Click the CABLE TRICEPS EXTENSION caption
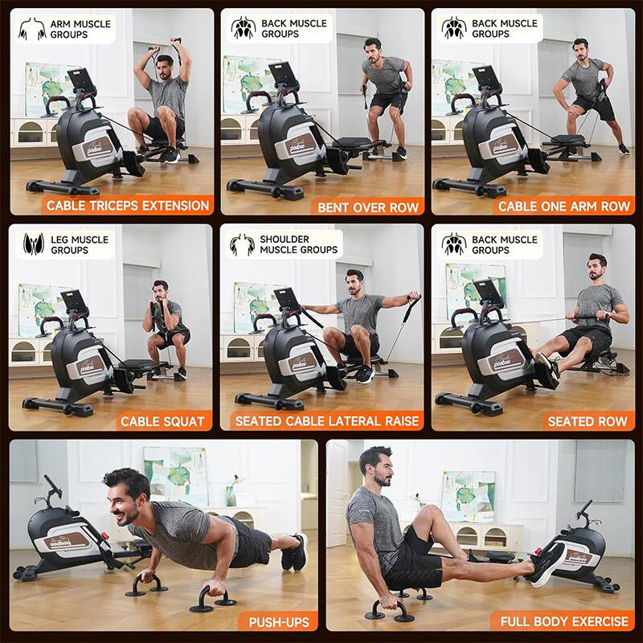[128, 206]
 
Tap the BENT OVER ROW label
[368, 207]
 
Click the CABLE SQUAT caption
[162, 421]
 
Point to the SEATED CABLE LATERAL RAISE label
[327, 421]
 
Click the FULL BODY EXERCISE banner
[564, 621]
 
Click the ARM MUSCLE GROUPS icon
[31, 29]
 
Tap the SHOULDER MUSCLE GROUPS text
[298, 244]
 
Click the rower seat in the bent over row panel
[354, 143]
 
